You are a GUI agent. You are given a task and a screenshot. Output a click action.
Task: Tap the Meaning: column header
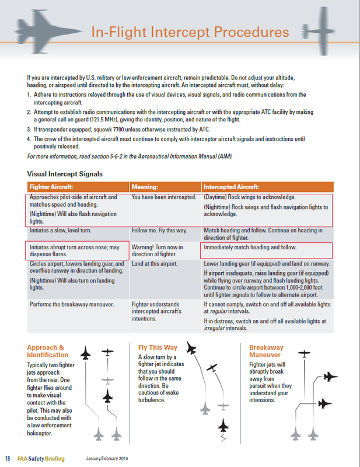(145, 187)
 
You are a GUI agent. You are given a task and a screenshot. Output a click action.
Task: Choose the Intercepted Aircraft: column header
(231, 187)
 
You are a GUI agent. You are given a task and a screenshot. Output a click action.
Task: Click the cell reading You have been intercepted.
(163, 197)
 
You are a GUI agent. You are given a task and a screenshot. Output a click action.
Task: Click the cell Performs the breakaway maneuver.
(71, 304)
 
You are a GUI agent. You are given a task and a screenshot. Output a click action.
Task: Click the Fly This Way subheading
(158, 347)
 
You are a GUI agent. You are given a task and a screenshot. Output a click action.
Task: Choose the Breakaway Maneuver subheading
(268, 351)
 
